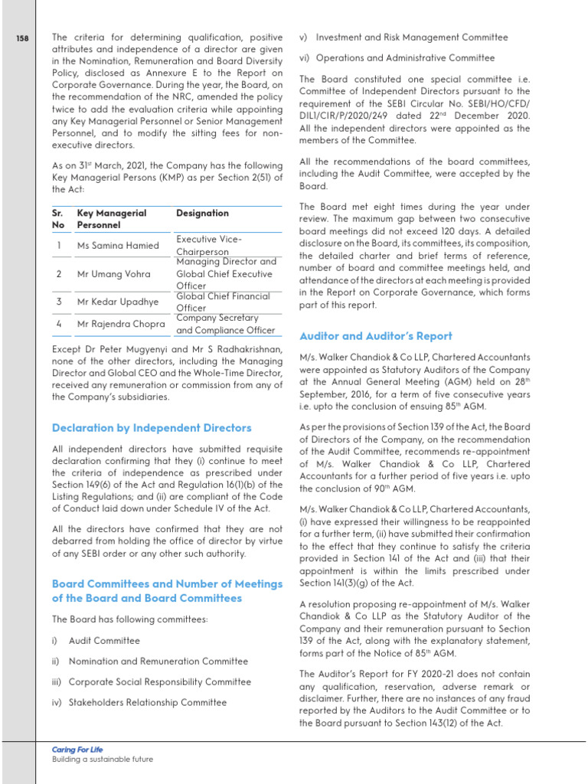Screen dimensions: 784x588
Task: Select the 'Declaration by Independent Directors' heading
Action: pyautogui.click(x=151, y=427)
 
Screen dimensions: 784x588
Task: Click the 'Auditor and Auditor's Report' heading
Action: pyautogui.click(x=375, y=336)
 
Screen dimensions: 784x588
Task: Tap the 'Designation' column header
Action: pyautogui.click(x=202, y=213)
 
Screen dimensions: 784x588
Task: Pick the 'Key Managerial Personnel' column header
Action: pyautogui.click(x=112, y=219)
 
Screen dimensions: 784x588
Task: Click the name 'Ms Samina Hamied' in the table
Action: pyautogui.click(x=118, y=246)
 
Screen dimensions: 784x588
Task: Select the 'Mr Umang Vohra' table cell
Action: pyautogui.click(x=113, y=273)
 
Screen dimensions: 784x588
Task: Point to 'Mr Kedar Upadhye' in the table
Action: pyautogui.click(x=118, y=302)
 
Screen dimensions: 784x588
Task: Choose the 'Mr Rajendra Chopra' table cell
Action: pyautogui.click(x=121, y=324)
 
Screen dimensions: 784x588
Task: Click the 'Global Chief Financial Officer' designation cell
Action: pyautogui.click(x=223, y=302)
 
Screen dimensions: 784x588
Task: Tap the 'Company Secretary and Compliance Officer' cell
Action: pyautogui.click(x=225, y=324)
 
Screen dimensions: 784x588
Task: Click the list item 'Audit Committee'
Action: pyautogui.click(x=104, y=641)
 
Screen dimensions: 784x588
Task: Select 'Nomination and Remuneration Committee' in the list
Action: pyautogui.click(x=158, y=661)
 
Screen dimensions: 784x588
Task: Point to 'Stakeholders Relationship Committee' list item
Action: pyautogui.click(x=147, y=702)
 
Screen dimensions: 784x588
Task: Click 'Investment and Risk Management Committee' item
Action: pyautogui.click(x=411, y=38)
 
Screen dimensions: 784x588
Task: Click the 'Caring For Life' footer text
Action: pyautogui.click(x=77, y=750)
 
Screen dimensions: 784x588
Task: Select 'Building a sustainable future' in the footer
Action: pyautogui.click(x=102, y=759)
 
